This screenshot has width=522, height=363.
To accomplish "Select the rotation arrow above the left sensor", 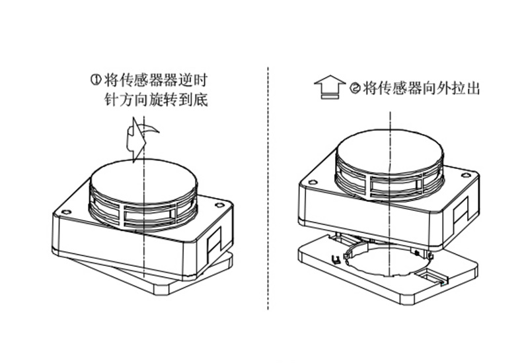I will coord(141,138).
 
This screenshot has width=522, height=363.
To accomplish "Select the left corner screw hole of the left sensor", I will coord(66,213).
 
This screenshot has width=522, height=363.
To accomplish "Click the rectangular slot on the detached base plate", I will coord(433,277).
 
